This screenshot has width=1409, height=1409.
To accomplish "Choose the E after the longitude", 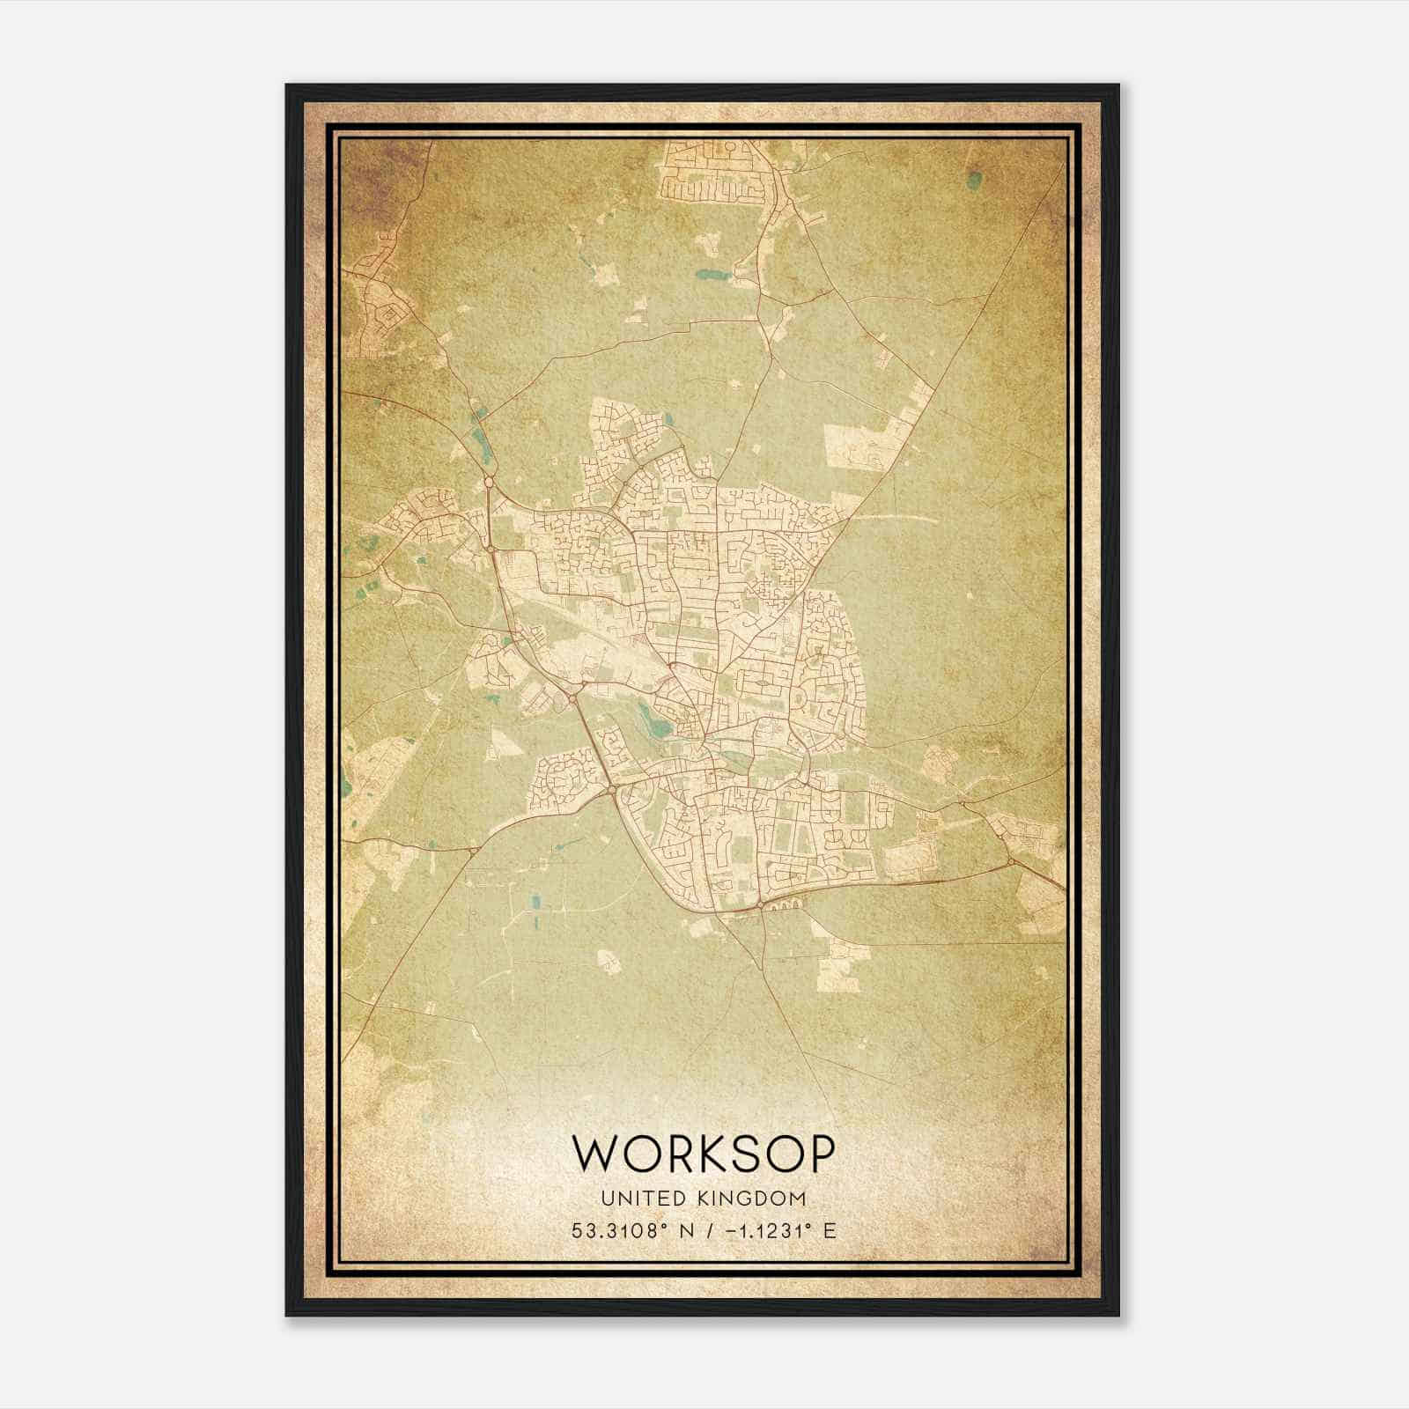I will click(x=829, y=1231).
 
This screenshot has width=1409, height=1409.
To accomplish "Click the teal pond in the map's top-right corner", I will click(x=974, y=181).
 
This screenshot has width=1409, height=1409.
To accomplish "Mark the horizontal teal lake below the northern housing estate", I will click(x=707, y=274).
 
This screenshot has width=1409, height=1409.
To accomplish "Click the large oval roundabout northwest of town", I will click(x=488, y=482).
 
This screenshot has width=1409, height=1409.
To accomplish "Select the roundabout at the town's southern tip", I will click(x=759, y=904).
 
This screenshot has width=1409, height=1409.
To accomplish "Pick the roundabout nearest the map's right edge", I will click(x=1010, y=859).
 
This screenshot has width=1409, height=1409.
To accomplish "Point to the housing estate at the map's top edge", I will click(x=713, y=172).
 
